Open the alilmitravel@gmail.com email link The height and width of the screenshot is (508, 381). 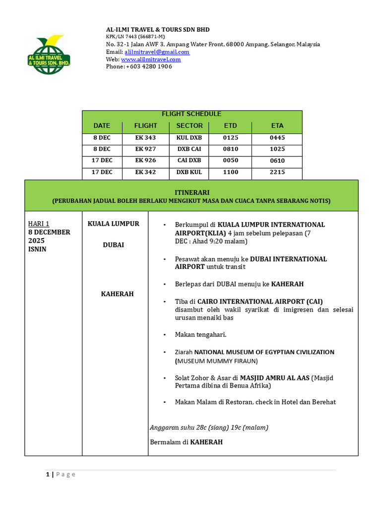157,52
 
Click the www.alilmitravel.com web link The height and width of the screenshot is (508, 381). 151,60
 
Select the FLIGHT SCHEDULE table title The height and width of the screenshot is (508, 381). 191,114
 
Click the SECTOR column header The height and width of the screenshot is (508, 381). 190,126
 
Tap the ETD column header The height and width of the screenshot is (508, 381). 230,126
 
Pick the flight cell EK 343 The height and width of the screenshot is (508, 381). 145,137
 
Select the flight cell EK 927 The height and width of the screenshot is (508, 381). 145,149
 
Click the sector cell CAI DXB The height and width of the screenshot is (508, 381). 190,160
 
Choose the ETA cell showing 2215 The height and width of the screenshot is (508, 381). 277,172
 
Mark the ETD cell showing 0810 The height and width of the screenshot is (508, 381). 230,149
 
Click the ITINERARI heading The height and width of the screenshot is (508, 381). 191,192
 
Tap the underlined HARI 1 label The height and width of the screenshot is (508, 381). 39,224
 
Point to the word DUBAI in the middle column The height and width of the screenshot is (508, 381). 114,245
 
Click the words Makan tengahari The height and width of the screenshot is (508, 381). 200,335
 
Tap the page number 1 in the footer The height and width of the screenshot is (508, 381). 48,474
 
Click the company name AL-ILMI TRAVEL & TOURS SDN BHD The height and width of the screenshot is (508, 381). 158,30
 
